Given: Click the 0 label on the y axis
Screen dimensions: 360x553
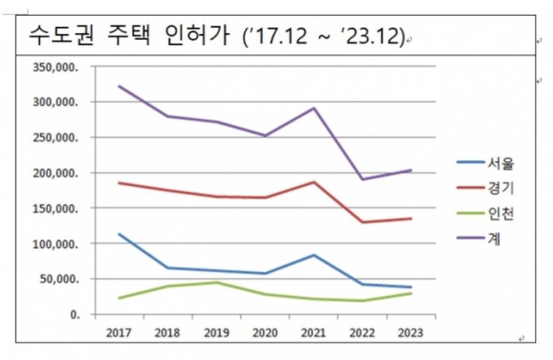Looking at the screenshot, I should [x=74, y=315].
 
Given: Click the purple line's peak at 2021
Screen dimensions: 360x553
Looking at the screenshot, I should [x=314, y=108].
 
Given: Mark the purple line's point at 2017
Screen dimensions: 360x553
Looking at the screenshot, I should [x=119, y=86].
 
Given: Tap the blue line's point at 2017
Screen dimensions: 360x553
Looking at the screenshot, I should [x=119, y=234].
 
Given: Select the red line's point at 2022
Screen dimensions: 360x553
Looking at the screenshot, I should [x=363, y=222].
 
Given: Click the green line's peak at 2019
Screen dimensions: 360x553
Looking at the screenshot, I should [x=216, y=283].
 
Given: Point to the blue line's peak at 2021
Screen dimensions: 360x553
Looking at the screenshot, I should [x=314, y=255].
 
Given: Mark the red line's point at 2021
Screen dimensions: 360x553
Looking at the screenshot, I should [x=314, y=182].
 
